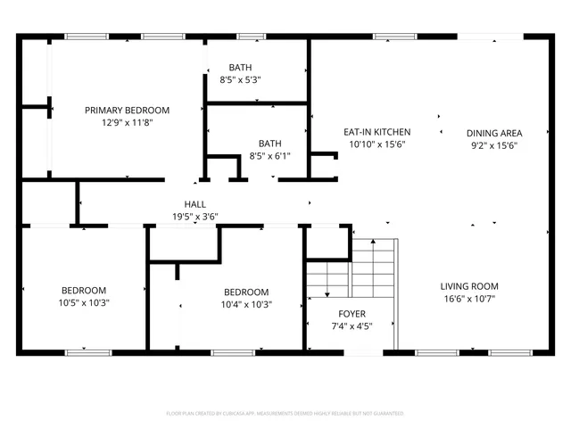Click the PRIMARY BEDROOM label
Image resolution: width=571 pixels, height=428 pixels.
(x=127, y=111)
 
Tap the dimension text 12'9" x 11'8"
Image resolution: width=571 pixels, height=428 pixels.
(x=127, y=122)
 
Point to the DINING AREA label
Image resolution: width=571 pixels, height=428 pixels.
(x=494, y=133)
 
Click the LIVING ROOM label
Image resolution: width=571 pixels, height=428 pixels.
(x=468, y=286)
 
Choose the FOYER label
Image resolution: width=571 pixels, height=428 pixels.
(x=351, y=314)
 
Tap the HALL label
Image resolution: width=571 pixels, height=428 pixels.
(x=195, y=204)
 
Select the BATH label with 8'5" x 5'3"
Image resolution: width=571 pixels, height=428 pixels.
(x=240, y=68)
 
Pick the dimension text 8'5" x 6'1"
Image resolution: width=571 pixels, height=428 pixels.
(x=269, y=155)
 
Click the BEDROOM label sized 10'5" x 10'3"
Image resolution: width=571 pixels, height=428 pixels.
(x=84, y=291)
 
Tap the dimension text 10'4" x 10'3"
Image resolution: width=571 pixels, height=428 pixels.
(x=245, y=304)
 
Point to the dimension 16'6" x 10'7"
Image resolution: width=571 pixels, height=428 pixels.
(x=468, y=299)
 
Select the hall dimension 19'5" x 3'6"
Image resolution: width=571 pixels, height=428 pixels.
(x=195, y=216)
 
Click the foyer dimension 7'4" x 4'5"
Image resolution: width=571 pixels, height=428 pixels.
(x=351, y=325)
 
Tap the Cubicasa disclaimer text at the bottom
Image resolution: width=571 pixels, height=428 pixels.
(x=285, y=414)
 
